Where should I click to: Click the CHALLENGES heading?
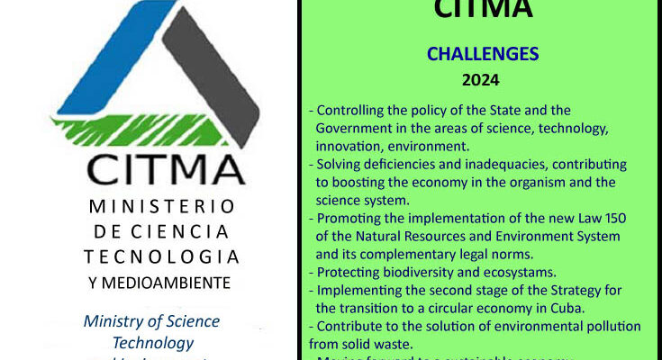pyautogui.click(x=484, y=54)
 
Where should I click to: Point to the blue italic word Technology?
pyautogui.click(x=152, y=343)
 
